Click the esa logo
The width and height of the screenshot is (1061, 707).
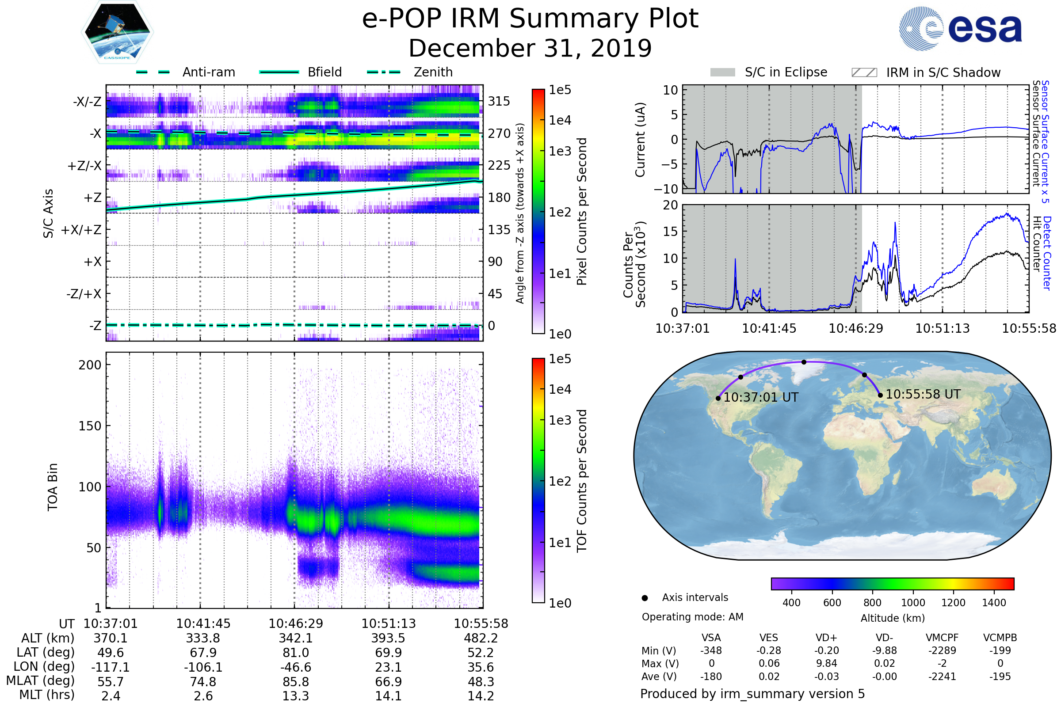(x=960, y=28)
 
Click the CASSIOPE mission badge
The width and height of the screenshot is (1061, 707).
(x=117, y=32)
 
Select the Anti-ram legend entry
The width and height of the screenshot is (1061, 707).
(x=185, y=72)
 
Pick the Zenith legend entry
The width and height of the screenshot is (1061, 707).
(x=410, y=72)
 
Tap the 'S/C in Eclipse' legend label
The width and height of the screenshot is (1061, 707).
(x=786, y=72)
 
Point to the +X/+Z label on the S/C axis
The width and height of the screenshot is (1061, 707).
(x=81, y=230)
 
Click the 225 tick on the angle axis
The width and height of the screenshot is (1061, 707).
(x=499, y=165)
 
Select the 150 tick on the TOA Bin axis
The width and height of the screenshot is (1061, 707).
(x=90, y=426)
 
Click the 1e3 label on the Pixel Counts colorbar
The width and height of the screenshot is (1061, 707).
(x=560, y=151)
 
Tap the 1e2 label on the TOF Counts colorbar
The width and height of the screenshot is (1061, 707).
(x=560, y=482)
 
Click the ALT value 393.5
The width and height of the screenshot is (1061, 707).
(x=389, y=639)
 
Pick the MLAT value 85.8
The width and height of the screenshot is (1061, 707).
(x=295, y=682)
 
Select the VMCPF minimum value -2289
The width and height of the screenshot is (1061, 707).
(x=942, y=650)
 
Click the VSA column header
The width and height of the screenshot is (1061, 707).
(x=711, y=638)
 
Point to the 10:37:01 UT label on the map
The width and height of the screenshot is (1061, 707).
(x=761, y=397)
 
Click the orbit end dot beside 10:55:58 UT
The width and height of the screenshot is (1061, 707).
(x=880, y=395)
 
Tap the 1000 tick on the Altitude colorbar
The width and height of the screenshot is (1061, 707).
(x=913, y=603)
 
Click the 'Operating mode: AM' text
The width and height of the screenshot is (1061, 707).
(x=692, y=617)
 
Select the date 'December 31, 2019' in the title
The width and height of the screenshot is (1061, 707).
(x=530, y=48)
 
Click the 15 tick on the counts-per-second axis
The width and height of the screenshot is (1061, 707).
(x=670, y=232)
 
